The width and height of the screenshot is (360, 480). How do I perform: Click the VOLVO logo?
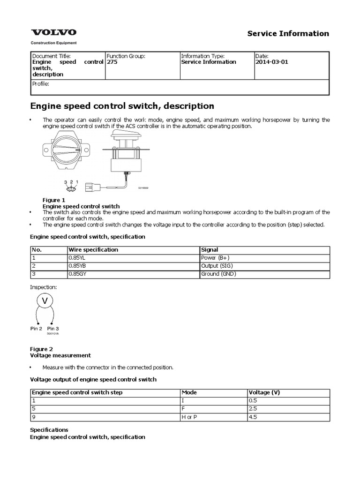(53, 32)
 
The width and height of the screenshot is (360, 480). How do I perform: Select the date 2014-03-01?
(272, 62)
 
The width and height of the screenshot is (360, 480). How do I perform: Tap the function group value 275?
(112, 62)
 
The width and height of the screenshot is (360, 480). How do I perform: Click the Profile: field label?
(40, 84)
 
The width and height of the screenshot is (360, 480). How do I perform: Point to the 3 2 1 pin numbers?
(71, 182)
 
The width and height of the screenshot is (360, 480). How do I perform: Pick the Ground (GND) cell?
(218, 274)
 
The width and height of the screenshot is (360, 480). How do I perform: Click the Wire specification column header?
(93, 250)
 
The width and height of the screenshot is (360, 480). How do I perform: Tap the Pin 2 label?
(37, 329)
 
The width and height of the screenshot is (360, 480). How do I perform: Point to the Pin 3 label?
(53, 329)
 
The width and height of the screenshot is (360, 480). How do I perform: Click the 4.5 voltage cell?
(254, 417)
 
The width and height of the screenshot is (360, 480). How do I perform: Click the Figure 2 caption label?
(41, 349)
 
